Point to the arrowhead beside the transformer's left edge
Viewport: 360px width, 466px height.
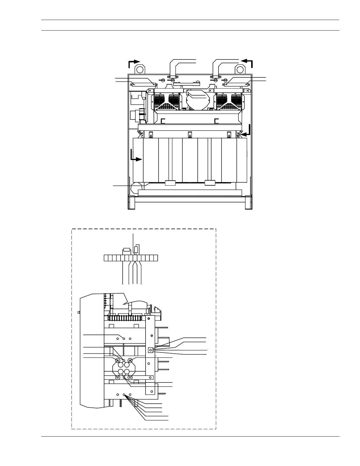point(139,159)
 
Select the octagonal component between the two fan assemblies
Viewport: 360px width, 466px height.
point(198,100)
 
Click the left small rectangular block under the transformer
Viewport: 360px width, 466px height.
point(170,183)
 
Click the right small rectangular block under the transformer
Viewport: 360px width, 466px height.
point(210,183)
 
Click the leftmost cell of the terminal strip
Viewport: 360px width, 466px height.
point(106,258)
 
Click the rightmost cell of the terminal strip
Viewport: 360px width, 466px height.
point(156,258)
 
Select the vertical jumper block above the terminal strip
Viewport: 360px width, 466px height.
point(136,249)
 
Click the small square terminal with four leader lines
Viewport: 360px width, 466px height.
point(151,350)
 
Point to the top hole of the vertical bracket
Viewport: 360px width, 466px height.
point(149,318)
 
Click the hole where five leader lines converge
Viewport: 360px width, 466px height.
point(124,395)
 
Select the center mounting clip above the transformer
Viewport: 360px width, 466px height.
point(190,135)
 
